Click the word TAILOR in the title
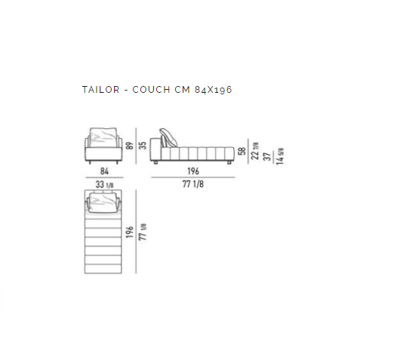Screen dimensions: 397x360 click(x=100, y=90)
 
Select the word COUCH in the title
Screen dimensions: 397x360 click(x=151, y=90)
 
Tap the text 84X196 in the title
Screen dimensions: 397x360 click(x=213, y=90)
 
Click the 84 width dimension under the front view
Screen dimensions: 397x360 click(x=104, y=171)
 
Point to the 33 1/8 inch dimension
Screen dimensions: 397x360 click(x=104, y=184)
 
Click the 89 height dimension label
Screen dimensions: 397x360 click(x=129, y=146)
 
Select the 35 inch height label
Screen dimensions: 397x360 click(x=143, y=146)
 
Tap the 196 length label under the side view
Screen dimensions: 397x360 click(x=193, y=171)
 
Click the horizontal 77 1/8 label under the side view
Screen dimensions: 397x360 click(x=193, y=184)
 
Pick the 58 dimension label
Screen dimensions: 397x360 click(x=242, y=151)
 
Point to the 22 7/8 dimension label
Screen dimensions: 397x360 click(x=255, y=151)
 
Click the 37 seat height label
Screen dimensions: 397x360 click(x=267, y=156)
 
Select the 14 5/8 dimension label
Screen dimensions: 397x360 click(x=280, y=156)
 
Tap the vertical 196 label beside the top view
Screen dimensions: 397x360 click(x=129, y=232)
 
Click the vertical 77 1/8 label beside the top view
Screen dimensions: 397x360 click(x=143, y=232)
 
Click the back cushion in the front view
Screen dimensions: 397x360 click(x=103, y=137)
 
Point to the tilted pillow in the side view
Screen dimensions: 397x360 click(x=168, y=137)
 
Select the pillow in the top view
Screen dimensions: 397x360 click(x=103, y=202)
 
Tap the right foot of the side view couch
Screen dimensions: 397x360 click(x=229, y=162)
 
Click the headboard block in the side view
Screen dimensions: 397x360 click(x=155, y=149)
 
